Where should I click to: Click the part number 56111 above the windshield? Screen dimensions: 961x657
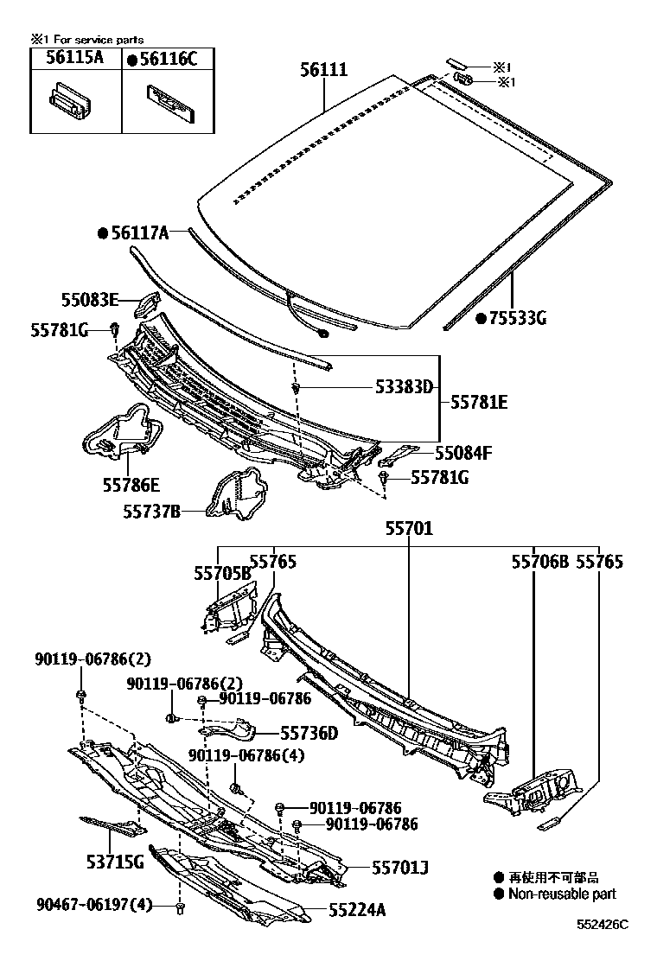tap(324, 69)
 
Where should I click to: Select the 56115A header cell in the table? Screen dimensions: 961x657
tap(75, 58)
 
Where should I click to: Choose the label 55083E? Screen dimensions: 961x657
tap(89, 300)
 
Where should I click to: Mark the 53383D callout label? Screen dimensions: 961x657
tap(404, 387)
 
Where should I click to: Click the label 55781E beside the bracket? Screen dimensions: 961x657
tap(479, 402)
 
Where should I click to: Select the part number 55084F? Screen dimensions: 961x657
tap(463, 452)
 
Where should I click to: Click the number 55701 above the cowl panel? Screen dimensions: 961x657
tap(408, 528)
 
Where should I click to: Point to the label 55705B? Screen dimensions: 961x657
tap(221, 572)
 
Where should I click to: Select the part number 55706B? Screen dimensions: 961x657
tap(539, 562)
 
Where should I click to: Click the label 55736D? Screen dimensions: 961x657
tap(309, 733)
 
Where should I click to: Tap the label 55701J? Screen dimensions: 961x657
tap(401, 866)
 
